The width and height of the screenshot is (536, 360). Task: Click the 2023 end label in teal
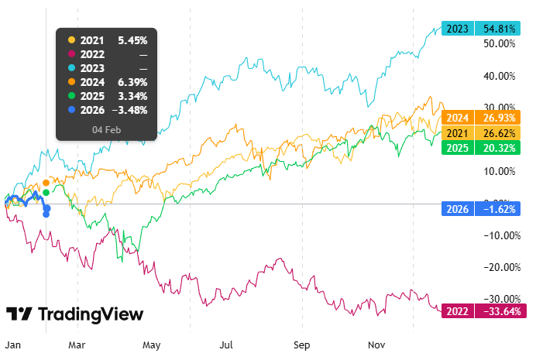457,28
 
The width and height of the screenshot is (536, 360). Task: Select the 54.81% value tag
500,28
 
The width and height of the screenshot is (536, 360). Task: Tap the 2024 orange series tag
457,118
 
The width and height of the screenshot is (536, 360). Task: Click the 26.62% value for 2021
500,132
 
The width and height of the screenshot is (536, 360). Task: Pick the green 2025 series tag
457,147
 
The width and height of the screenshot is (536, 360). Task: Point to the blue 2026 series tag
457,208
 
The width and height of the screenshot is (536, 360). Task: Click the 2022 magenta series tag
457,311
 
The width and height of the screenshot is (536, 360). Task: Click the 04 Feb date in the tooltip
106,129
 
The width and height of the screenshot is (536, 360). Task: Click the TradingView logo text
90,314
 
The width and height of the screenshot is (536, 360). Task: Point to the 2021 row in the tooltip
106,39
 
